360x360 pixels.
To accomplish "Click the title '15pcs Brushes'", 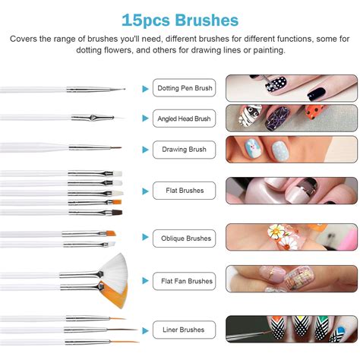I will (x=180, y=19).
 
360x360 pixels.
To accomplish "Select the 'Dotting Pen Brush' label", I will (x=185, y=88).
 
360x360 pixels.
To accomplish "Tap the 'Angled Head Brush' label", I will (x=185, y=118).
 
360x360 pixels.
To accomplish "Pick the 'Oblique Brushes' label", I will (x=185, y=238).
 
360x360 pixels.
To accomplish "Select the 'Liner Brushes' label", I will (x=185, y=330).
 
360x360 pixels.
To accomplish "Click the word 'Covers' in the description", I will (x=27, y=39).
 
